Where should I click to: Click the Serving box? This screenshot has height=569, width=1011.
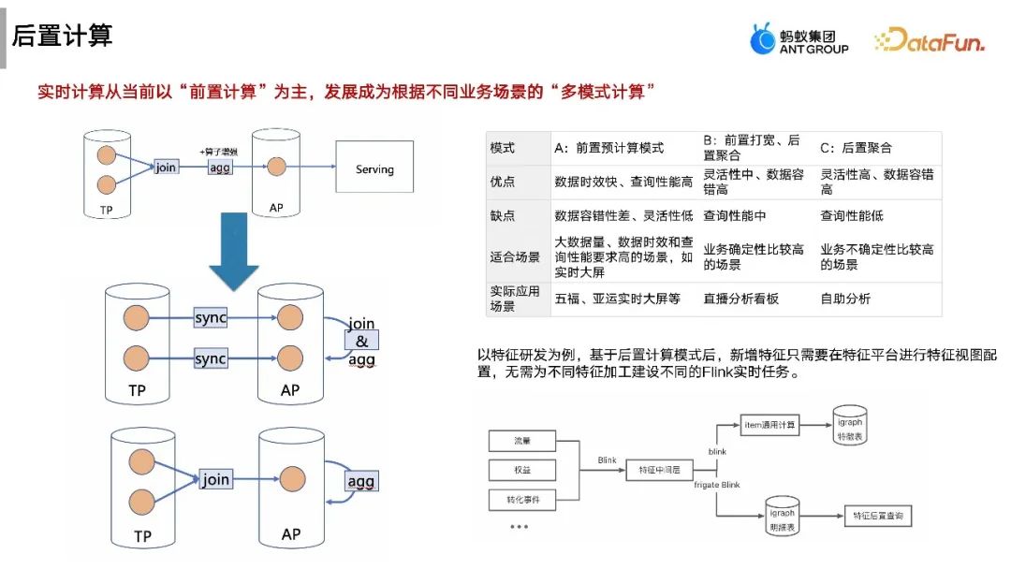[x=374, y=168]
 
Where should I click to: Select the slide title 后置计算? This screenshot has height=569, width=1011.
[x=62, y=36]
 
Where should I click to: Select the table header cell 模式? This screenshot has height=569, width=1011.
[x=503, y=147]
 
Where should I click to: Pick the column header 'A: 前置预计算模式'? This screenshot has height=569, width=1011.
[x=609, y=147]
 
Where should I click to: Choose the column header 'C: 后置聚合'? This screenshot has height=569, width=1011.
[x=856, y=147]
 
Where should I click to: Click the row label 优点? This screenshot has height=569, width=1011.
[x=503, y=182]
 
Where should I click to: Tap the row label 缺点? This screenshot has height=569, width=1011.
[x=503, y=215]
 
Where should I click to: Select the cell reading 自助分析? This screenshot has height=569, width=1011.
[x=845, y=299]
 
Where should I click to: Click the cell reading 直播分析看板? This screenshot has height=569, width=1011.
[x=741, y=299]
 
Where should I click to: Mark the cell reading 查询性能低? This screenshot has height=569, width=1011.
[x=852, y=215]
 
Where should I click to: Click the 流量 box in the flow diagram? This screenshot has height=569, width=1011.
[x=522, y=440]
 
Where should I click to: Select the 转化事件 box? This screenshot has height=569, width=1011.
[x=522, y=500]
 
